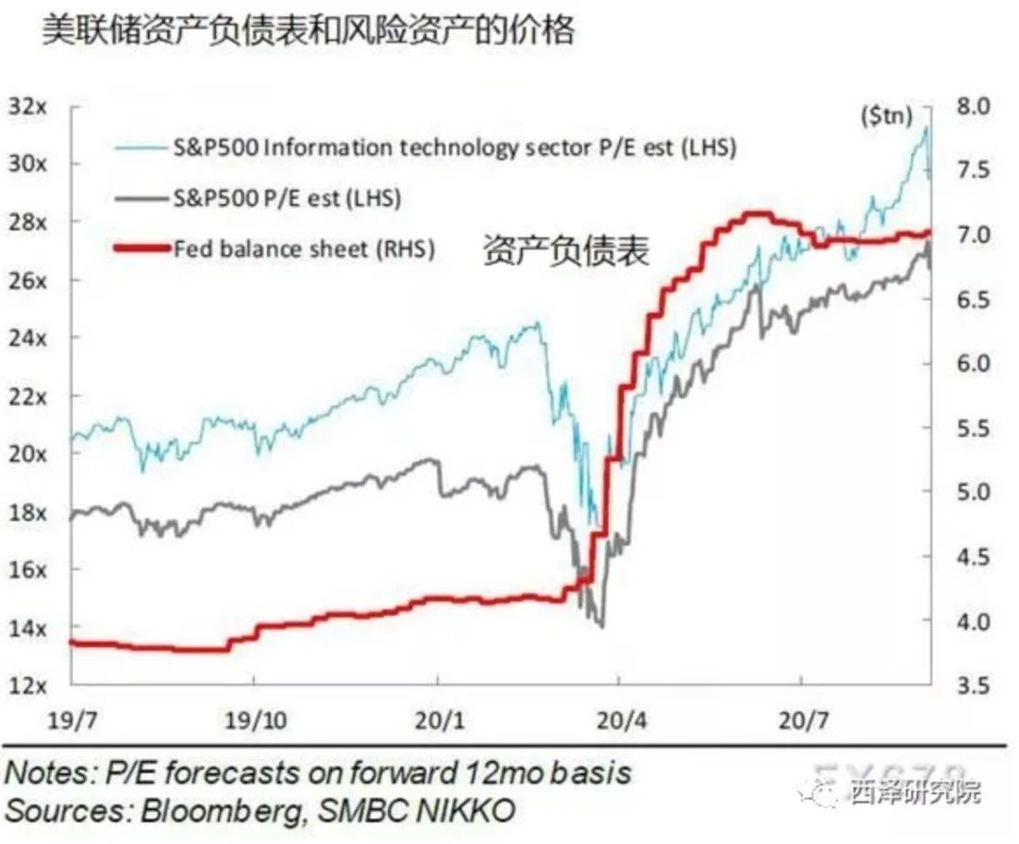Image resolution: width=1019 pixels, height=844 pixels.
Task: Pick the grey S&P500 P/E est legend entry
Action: coord(287,198)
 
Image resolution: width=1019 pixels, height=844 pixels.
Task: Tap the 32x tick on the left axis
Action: coord(27,106)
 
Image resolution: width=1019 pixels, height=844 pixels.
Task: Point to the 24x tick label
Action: coord(27,337)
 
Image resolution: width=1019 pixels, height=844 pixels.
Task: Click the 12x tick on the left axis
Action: coord(27,684)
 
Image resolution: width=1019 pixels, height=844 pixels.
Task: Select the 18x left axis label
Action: coord(27,511)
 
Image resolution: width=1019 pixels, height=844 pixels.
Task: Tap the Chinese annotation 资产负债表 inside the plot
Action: coord(566,251)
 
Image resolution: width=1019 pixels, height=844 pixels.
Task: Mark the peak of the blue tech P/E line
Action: coord(927,127)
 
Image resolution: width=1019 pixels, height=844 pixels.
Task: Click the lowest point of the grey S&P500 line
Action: coord(601,625)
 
